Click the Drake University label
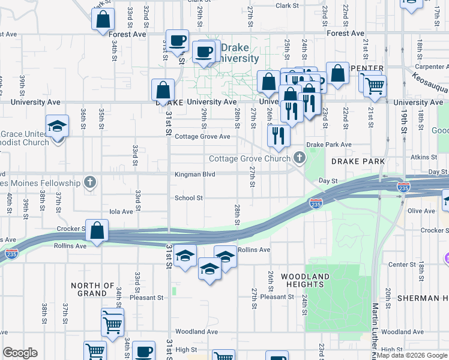(238, 53)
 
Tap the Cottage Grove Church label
(249, 159)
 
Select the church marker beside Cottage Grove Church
(299, 158)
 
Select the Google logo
(20, 353)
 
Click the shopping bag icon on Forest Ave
(103, 19)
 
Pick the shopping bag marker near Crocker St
(97, 229)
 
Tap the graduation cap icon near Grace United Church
(58, 126)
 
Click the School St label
(188, 198)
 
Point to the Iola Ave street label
(120, 212)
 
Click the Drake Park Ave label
(328, 145)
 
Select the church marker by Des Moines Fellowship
(90, 182)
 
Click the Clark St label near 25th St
(287, 5)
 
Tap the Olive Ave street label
(421, 211)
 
